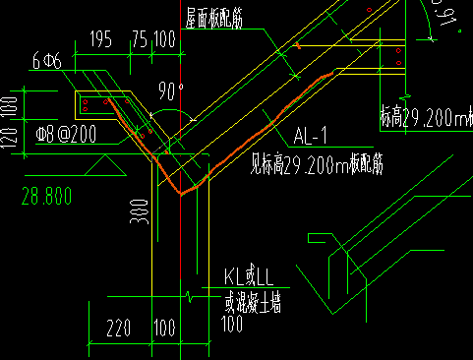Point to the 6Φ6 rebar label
(x=46, y=61)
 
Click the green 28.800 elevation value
(x=45, y=197)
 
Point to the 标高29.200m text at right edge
(x=426, y=118)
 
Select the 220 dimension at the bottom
(x=118, y=325)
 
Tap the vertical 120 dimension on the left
(x=10, y=138)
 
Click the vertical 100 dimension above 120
(x=10, y=105)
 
